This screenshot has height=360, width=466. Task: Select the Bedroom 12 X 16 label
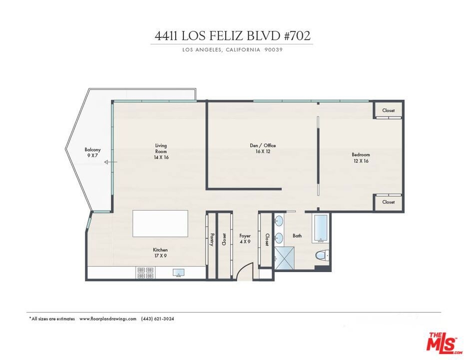pyautogui.click(x=361, y=157)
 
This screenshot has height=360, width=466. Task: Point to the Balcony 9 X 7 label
pyautogui.click(x=92, y=152)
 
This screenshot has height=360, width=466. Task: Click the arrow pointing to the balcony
pyautogui.click(x=110, y=162)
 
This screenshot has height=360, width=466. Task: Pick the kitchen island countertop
pyautogui.click(x=160, y=223)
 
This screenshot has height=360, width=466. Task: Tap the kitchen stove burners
pyautogui.click(x=146, y=272)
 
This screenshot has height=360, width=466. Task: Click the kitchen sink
pyautogui.click(x=179, y=273)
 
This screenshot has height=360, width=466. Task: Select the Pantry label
pyautogui.click(x=212, y=239)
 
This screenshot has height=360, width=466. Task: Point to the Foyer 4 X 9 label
pyautogui.click(x=245, y=238)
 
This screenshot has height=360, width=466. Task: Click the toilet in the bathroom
pyautogui.click(x=322, y=256)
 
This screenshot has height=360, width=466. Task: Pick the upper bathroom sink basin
pyautogui.click(x=279, y=220)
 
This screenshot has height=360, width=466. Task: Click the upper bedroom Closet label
pyautogui.click(x=389, y=110)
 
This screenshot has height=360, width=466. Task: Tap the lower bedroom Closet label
pyautogui.click(x=389, y=202)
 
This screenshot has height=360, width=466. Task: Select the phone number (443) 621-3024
pyautogui.click(x=157, y=318)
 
